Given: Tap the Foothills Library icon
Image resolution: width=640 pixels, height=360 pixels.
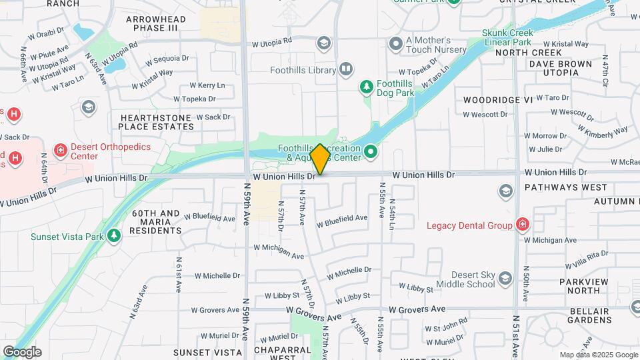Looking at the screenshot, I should (346, 69).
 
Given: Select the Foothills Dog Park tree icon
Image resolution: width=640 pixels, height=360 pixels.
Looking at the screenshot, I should (366, 86).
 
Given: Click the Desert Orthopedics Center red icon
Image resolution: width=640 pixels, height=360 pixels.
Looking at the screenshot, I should (61, 149).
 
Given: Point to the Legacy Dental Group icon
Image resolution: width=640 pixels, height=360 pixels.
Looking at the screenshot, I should (522, 225).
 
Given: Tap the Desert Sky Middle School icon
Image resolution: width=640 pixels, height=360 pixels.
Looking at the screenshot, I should (505, 278).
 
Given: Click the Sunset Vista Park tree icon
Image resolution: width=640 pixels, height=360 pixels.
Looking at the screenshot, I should (115, 235).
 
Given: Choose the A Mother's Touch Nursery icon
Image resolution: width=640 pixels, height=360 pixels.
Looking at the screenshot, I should (395, 45).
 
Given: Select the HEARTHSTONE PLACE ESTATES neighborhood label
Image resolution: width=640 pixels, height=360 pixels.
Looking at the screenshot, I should (156, 122).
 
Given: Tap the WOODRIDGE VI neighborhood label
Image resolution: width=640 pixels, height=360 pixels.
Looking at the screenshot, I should (499, 99).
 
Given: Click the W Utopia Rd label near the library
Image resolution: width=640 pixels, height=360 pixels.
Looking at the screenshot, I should (271, 42).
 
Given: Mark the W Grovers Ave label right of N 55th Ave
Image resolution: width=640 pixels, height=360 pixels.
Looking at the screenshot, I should (417, 309).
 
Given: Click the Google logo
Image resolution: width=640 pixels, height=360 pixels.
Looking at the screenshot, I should (22, 352).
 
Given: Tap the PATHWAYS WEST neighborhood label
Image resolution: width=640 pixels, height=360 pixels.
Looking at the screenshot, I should (565, 187).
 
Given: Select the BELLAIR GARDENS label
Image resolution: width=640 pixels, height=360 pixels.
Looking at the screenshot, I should (590, 315).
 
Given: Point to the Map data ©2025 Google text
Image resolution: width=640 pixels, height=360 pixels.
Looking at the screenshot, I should (599, 355).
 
